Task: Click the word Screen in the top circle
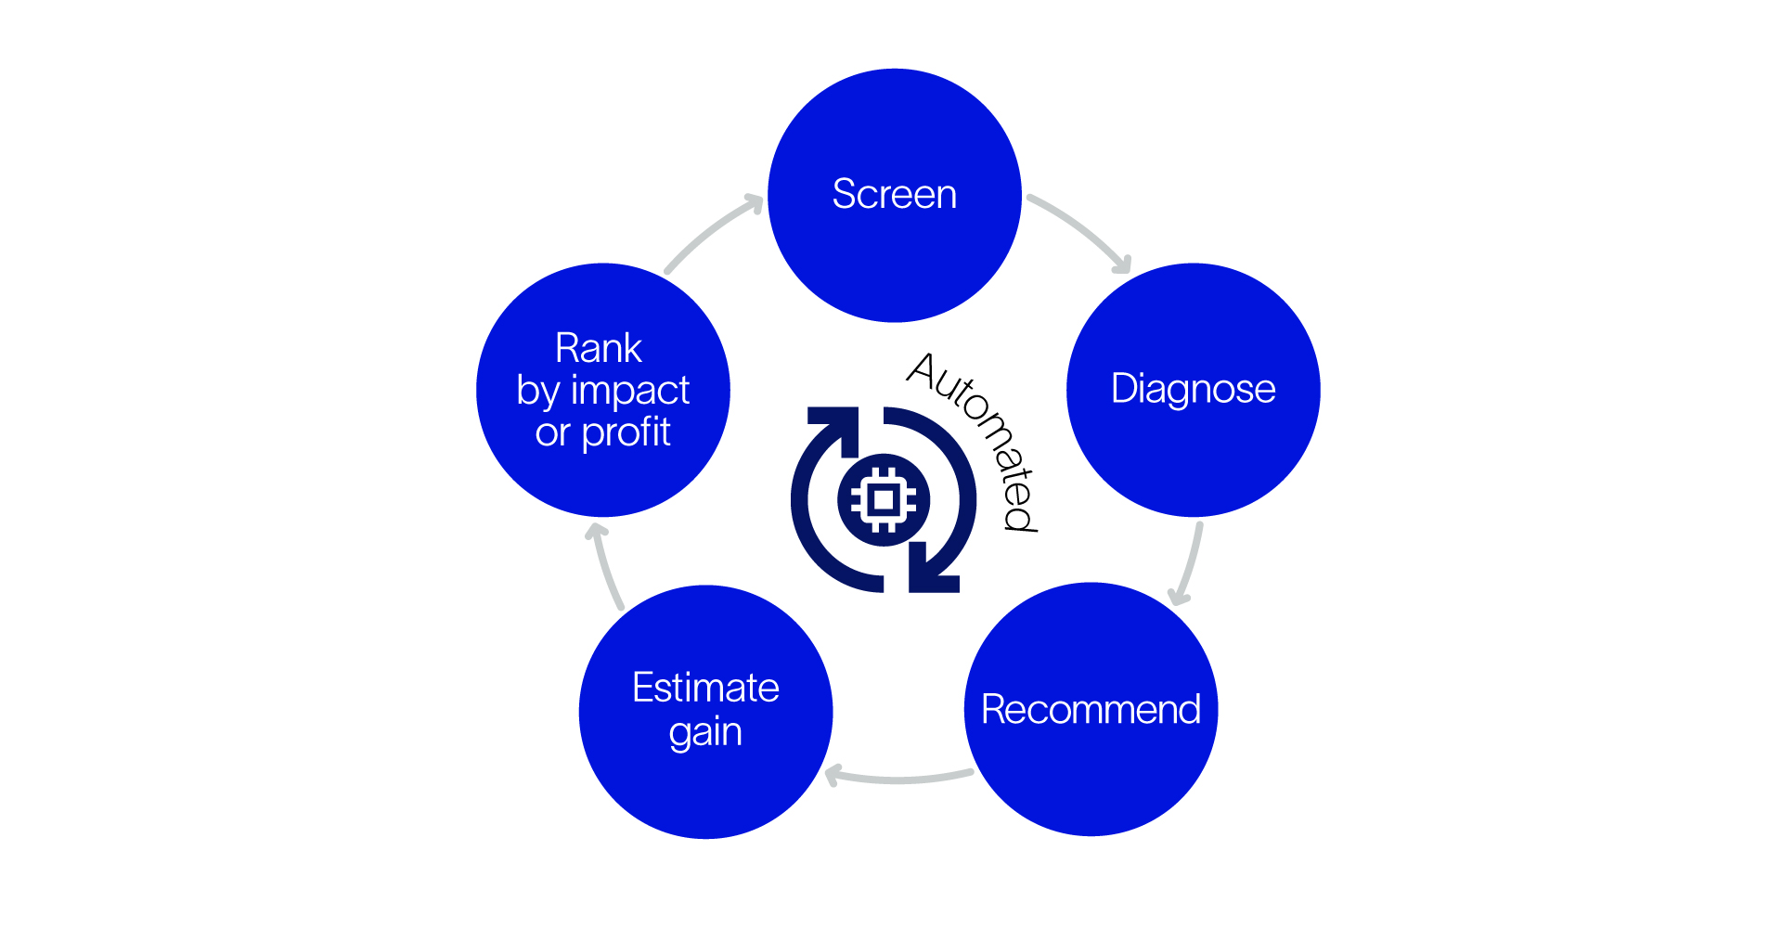click(894, 195)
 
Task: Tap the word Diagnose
click(1193, 389)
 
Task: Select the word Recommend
click(1091, 710)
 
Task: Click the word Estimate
click(705, 688)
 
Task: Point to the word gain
click(705, 733)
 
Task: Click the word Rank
click(599, 349)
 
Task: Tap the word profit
click(626, 432)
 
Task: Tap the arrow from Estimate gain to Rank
click(605, 566)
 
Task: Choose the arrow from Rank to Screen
click(710, 232)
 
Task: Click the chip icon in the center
click(884, 500)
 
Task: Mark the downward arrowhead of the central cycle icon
click(933, 570)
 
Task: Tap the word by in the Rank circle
click(538, 392)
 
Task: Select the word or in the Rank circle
click(552, 433)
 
